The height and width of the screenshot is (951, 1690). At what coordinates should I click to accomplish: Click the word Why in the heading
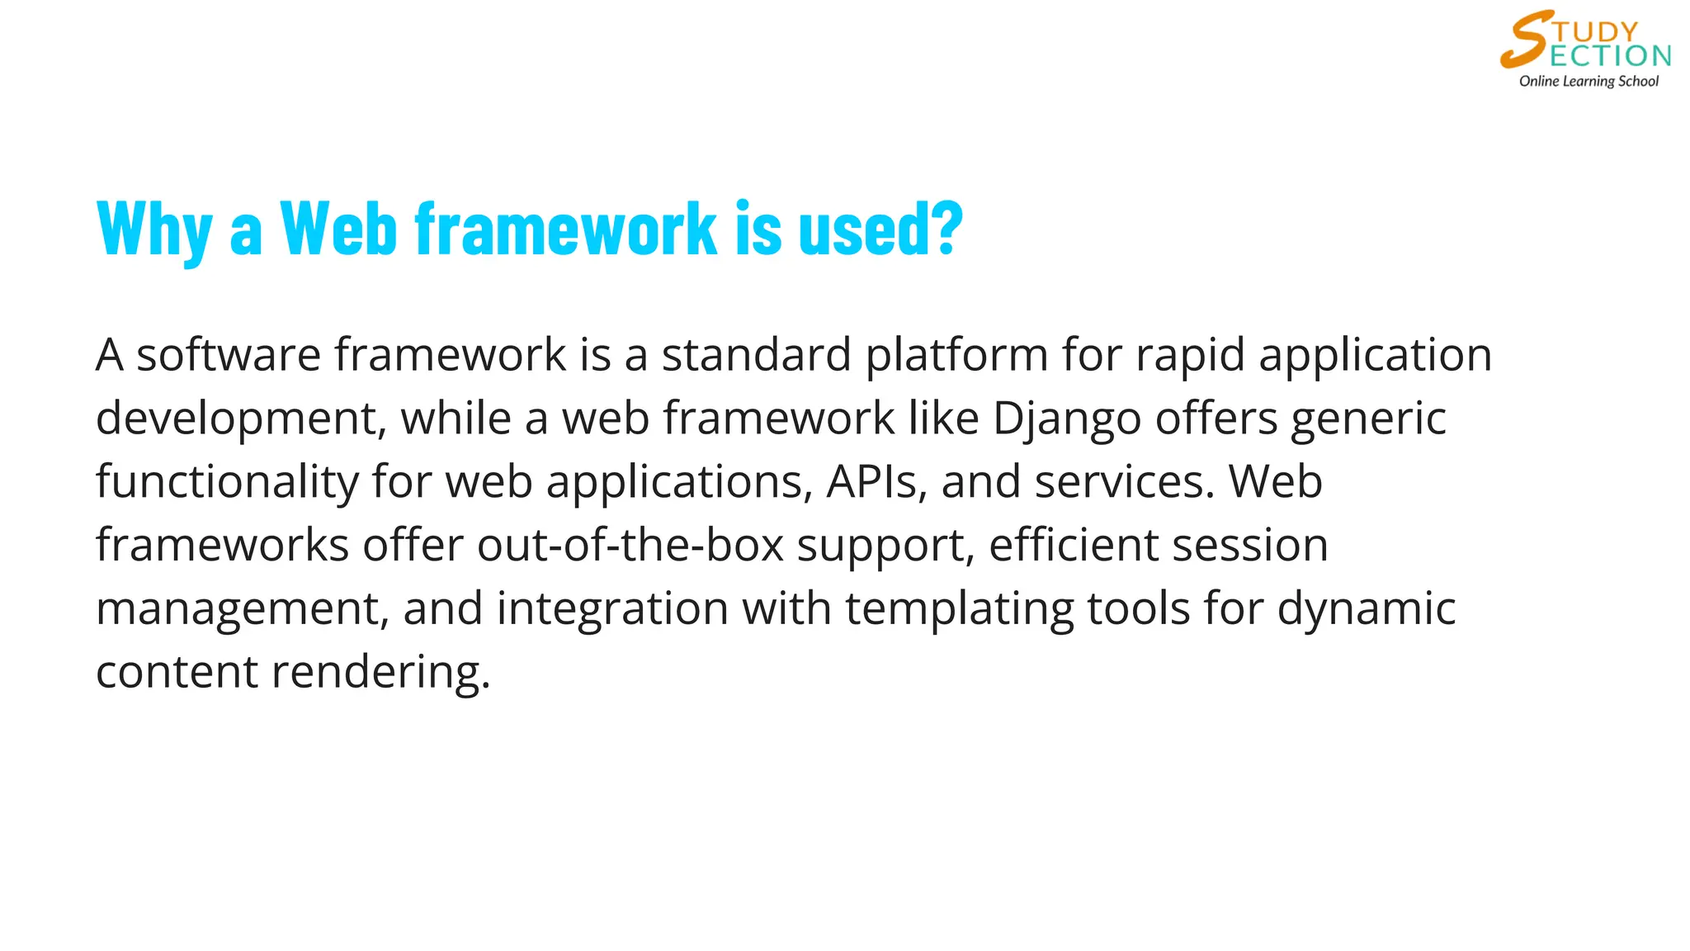[154, 229]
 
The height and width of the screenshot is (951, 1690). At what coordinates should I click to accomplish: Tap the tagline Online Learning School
[1589, 81]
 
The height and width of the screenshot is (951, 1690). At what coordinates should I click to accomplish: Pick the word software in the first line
[228, 356]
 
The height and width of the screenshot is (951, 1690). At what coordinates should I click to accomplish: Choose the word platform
[956, 356]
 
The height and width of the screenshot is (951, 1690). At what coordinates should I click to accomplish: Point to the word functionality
[227, 481]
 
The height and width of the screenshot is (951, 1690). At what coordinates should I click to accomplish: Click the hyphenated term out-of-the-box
[630, 545]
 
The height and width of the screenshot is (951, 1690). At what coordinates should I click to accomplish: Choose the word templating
[959, 609]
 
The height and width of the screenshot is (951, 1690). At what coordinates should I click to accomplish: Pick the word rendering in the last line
[380, 672]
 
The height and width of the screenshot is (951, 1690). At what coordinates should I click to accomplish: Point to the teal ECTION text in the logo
[1610, 56]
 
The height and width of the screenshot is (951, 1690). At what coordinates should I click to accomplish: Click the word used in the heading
[863, 229]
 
